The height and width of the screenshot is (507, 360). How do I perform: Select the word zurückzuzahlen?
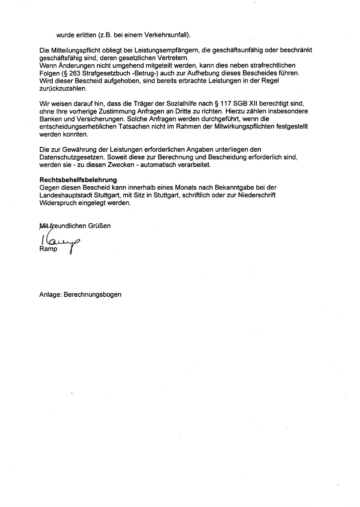click(x=59, y=88)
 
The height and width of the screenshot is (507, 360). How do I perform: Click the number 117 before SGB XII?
click(x=231, y=104)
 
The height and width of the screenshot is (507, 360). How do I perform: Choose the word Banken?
click(x=50, y=119)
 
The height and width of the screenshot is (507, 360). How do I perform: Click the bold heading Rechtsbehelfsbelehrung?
click(x=78, y=180)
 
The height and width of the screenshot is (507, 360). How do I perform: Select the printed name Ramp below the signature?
click(x=48, y=249)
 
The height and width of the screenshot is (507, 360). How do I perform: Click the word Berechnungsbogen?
click(x=92, y=295)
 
